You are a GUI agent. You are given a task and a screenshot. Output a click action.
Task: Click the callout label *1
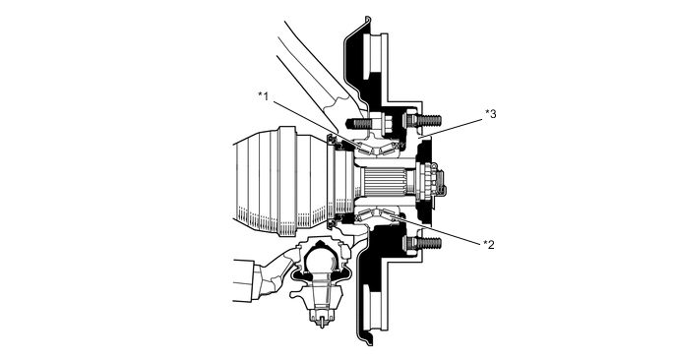(264, 95)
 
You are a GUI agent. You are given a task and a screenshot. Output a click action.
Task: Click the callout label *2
(489, 244)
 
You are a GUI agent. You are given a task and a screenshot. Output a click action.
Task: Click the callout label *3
(491, 113)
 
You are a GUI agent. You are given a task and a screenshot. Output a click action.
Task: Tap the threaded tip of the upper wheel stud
(430, 120)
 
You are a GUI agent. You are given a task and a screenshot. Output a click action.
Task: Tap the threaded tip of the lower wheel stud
(430, 243)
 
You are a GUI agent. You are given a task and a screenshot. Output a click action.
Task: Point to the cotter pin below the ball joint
(321, 322)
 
